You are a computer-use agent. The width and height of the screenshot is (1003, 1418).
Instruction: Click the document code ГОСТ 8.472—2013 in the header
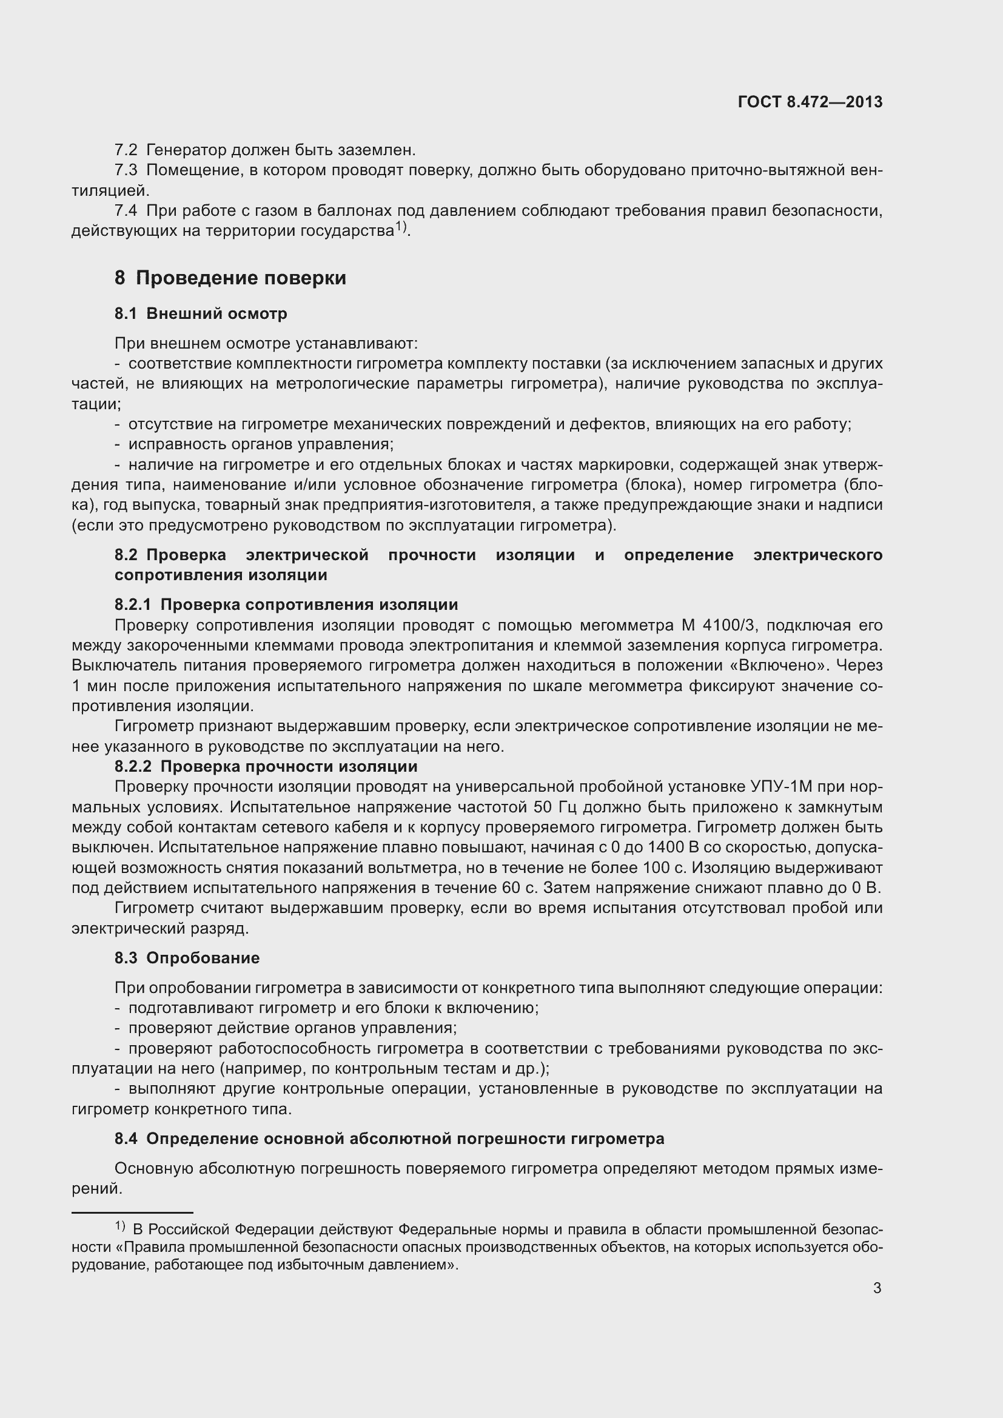click(x=810, y=102)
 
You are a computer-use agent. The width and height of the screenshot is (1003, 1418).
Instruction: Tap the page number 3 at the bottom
click(x=877, y=1288)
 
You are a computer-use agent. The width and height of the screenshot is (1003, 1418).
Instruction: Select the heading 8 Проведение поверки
click(x=230, y=278)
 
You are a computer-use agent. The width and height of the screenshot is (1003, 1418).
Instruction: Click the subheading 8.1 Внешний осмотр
click(x=201, y=314)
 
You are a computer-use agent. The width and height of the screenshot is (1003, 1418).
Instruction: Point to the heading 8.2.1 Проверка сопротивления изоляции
click(x=286, y=604)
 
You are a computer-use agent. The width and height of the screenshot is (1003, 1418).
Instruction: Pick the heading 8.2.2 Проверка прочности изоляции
click(x=266, y=766)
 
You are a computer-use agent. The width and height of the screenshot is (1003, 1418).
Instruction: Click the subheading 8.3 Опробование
click(x=187, y=958)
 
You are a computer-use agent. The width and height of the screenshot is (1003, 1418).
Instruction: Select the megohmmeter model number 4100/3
click(x=729, y=625)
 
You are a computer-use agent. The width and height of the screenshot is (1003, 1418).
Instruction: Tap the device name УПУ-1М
click(x=781, y=787)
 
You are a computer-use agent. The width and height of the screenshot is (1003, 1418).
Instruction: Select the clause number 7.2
click(x=126, y=150)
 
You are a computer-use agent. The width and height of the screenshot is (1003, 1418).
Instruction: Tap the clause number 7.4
click(x=126, y=210)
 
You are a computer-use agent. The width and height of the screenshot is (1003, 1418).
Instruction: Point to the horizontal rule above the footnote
click(x=132, y=1213)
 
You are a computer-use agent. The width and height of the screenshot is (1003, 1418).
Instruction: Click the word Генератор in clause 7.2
click(x=187, y=150)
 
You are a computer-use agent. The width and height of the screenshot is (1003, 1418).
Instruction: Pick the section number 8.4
click(x=126, y=1139)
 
